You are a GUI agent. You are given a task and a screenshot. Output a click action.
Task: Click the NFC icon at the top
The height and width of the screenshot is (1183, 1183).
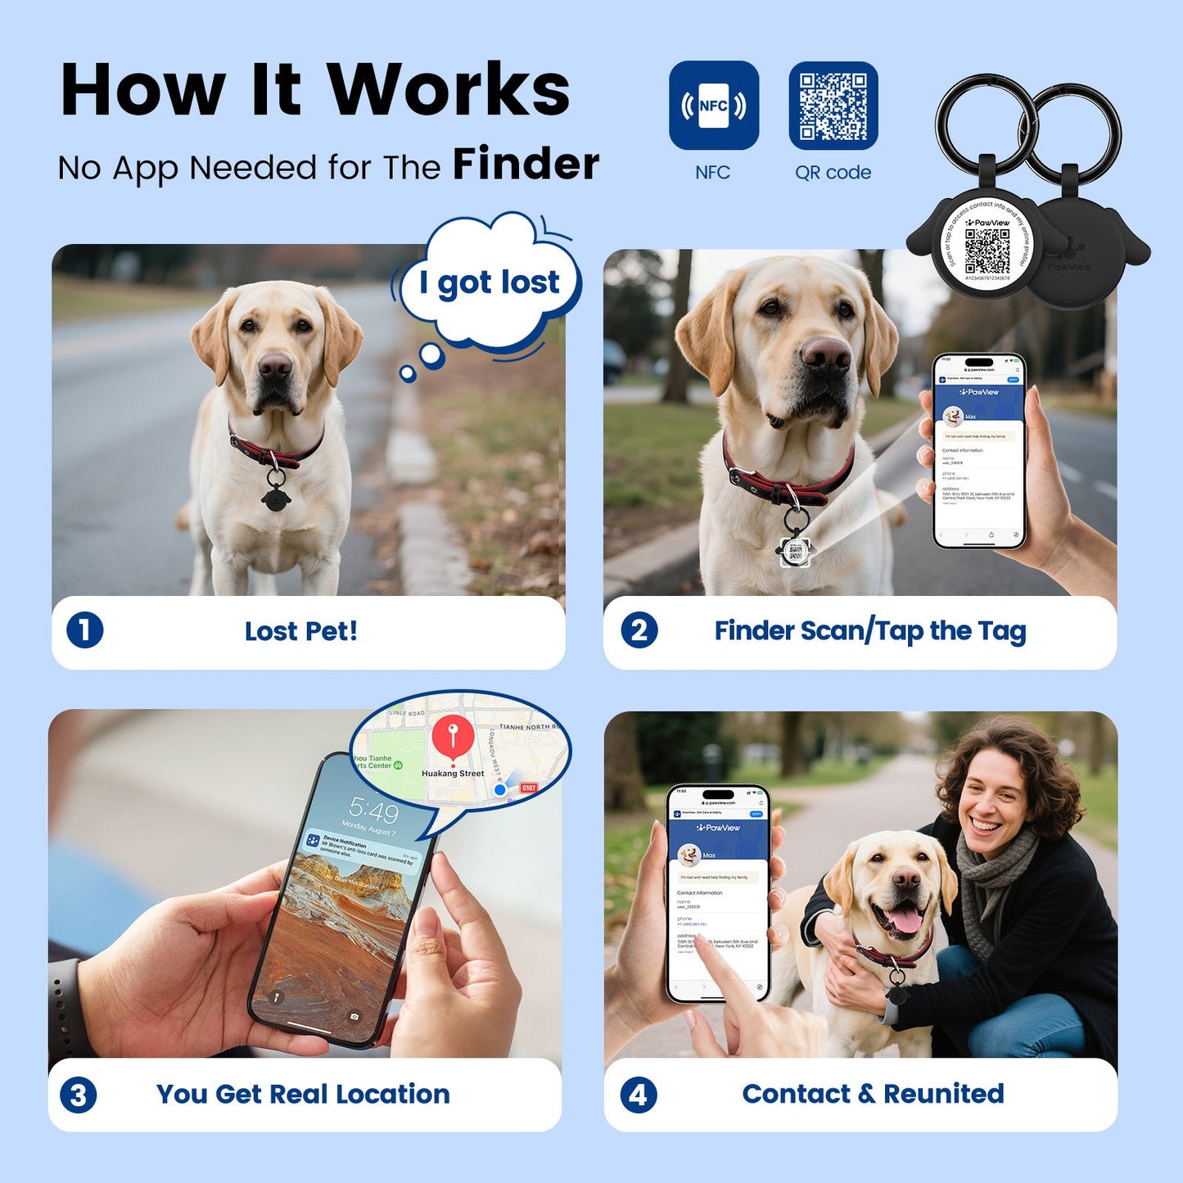tap(713, 106)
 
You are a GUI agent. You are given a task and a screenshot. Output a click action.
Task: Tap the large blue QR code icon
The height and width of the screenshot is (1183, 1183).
tap(833, 106)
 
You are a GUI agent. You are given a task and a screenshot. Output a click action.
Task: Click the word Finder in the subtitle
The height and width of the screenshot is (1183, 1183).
tap(526, 164)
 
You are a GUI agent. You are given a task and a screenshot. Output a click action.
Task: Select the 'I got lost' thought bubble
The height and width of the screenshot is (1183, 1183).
tap(490, 282)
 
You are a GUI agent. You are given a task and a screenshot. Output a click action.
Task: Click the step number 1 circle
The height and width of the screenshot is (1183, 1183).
tap(84, 630)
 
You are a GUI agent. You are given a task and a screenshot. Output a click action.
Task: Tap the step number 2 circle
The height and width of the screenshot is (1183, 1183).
tap(639, 630)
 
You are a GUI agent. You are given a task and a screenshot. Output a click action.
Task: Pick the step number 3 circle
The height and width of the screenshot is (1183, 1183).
tap(79, 1095)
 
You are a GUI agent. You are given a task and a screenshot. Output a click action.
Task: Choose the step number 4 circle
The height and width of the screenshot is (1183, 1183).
tap(639, 1095)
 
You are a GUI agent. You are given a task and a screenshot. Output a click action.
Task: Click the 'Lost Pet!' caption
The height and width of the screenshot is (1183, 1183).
tap(301, 631)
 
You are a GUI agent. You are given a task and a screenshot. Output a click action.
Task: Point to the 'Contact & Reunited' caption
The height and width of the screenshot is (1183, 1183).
tap(873, 1094)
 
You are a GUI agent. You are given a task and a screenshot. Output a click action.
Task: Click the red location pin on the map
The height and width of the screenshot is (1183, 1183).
tap(453, 735)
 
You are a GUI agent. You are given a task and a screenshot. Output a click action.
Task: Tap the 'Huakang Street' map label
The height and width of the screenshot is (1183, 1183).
tap(453, 773)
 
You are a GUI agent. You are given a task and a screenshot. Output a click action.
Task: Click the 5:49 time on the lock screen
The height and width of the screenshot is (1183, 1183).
tap(374, 810)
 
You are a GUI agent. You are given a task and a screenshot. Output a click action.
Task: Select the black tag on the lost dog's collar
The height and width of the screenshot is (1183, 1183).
tap(275, 495)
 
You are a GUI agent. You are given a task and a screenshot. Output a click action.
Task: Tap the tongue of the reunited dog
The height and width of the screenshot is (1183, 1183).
tap(905, 920)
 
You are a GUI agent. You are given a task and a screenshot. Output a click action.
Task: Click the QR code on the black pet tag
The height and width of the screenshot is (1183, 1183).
tap(987, 251)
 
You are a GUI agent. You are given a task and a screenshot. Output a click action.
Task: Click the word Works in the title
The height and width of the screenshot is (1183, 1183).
tap(448, 90)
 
